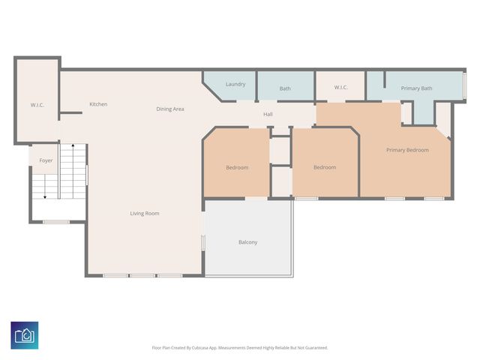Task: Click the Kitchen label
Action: click(98, 104)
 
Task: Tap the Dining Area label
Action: click(170, 109)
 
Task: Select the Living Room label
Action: click(145, 214)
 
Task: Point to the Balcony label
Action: click(247, 242)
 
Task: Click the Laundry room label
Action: click(235, 84)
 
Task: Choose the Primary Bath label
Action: click(416, 88)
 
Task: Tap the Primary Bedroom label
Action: click(407, 150)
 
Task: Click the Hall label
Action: click(268, 115)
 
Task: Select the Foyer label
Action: click(46, 160)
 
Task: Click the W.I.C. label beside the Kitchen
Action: click(37, 105)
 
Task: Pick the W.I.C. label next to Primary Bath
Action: click(340, 88)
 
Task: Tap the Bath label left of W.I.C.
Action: click(285, 88)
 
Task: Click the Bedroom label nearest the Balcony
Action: click(237, 167)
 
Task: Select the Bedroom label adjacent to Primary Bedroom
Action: click(325, 167)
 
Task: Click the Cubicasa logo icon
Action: click(25, 334)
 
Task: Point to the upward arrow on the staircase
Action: click(72, 147)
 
